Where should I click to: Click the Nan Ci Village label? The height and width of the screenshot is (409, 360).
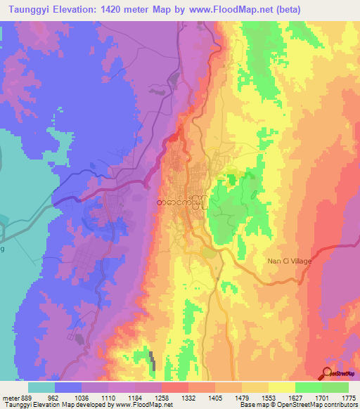289,260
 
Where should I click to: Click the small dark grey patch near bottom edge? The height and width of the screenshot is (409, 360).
152,360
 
